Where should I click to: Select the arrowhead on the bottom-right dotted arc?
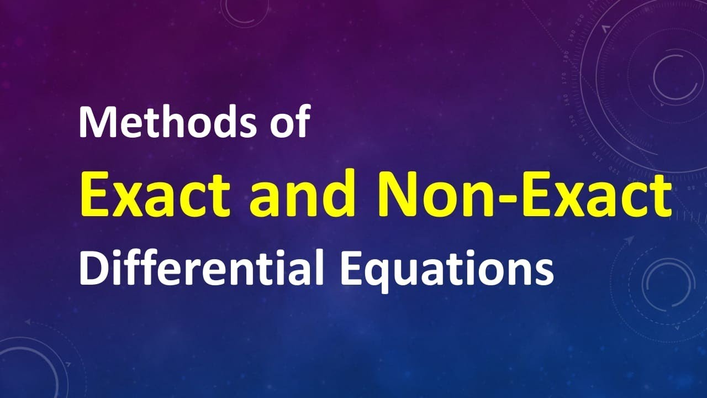point(630,240)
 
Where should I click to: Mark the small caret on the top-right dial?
point(605,27)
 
